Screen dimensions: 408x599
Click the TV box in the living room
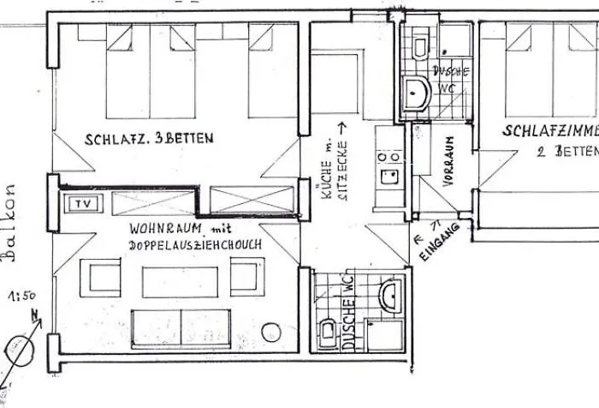(83, 203)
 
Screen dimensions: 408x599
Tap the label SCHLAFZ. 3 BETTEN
(149, 139)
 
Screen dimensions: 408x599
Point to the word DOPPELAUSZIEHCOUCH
(195, 245)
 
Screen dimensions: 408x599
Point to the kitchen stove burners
(388, 158)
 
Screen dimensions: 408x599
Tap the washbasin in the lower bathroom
(389, 295)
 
